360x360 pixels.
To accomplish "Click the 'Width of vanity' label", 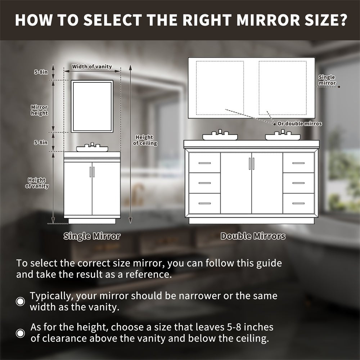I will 92,67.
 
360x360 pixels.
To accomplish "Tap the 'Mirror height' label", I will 39,110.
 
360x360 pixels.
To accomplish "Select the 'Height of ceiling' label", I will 145,140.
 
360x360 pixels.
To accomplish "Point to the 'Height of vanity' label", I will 37,183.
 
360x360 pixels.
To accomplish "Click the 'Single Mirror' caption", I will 92,237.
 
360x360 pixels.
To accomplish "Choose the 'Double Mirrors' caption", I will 253,237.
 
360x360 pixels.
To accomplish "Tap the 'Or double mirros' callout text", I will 300,124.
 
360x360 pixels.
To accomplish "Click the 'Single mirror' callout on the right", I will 327,80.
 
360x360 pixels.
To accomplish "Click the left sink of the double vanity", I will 220,136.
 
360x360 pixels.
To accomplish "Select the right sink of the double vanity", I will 283,136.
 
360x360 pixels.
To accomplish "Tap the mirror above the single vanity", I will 92,106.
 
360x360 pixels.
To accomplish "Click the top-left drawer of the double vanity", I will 204,163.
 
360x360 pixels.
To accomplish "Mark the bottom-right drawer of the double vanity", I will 298,203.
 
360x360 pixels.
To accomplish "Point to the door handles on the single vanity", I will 92,172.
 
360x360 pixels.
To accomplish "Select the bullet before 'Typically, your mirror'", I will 21,302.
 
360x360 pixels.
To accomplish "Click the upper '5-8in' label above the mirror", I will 41,72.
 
